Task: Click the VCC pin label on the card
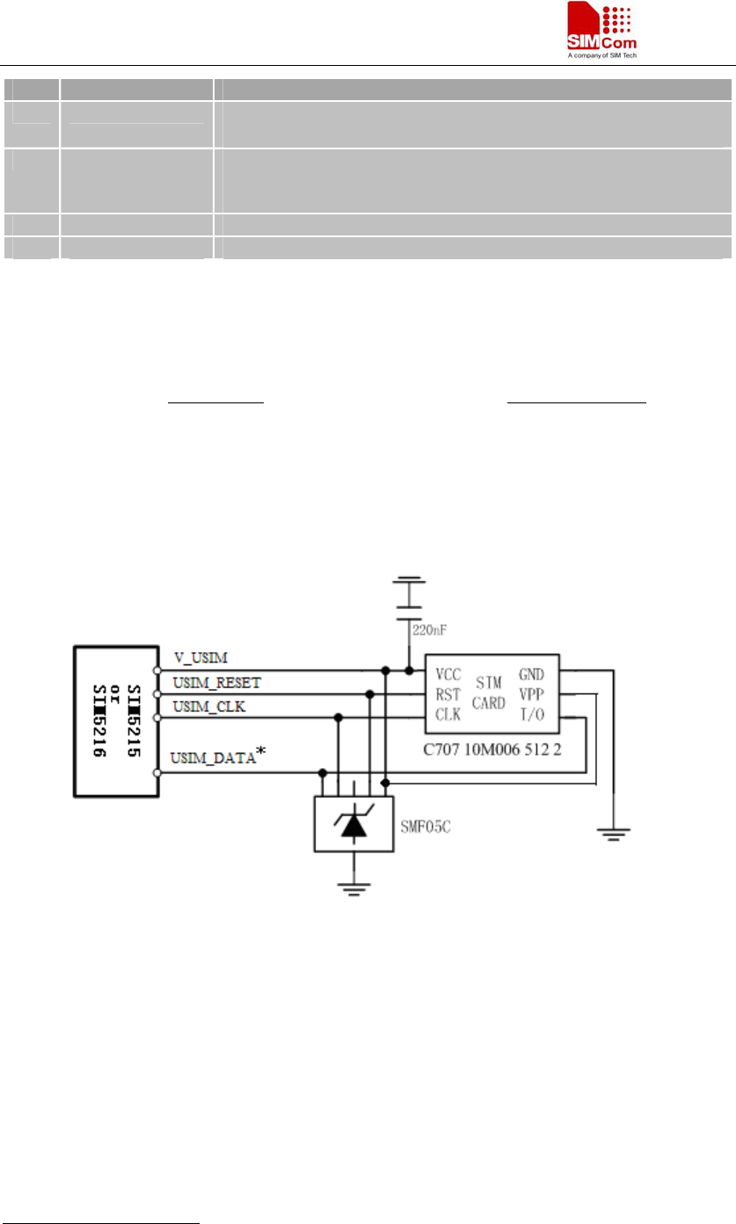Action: [x=448, y=675]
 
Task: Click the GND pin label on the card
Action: [x=532, y=675]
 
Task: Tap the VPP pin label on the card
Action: [x=532, y=695]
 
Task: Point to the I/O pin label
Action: [x=531, y=715]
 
